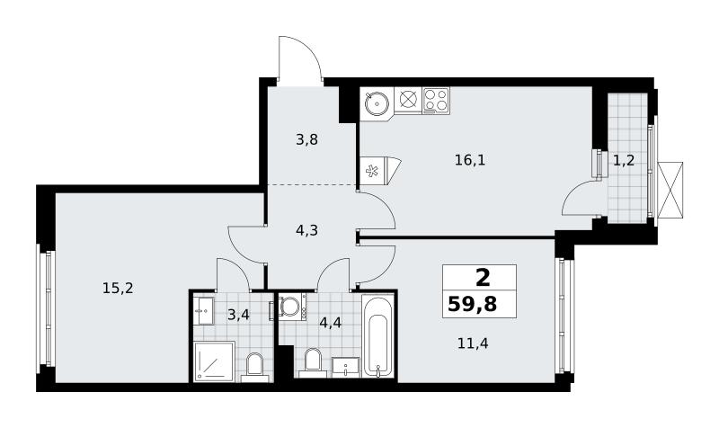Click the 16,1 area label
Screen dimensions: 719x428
470,160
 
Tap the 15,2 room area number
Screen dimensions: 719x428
118,288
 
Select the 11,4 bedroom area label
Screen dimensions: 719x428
473,343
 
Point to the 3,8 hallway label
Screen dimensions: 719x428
306,139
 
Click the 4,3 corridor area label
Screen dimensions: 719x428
306,230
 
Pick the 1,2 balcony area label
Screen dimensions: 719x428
624,160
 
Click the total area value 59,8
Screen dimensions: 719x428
473,304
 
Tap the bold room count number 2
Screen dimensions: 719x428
483,278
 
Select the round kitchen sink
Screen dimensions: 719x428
377,103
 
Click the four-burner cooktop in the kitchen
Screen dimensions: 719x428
436,101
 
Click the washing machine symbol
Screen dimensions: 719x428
289,307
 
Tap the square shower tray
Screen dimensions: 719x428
215,361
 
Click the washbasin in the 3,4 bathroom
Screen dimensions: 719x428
203,310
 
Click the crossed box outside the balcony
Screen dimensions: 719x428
670,190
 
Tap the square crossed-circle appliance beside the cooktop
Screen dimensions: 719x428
408,100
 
